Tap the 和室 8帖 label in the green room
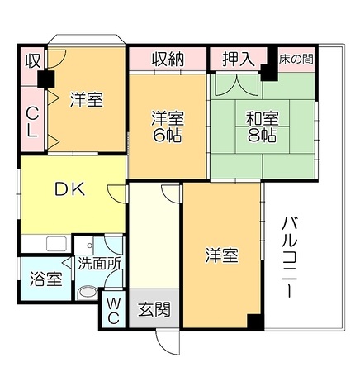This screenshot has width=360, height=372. click(x=262, y=126)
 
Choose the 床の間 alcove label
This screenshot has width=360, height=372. click(x=296, y=60)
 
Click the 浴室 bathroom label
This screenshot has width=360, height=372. click(x=45, y=278)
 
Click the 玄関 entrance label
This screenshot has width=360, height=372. click(x=154, y=310)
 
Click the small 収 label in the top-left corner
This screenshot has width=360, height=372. click(x=31, y=60)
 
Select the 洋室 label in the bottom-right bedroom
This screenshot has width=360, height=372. click(x=221, y=256)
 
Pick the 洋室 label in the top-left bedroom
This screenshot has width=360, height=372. click(x=85, y=99)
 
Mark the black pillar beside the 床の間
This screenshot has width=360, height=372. click(x=270, y=70)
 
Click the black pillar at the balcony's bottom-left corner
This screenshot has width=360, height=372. click(x=255, y=323)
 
